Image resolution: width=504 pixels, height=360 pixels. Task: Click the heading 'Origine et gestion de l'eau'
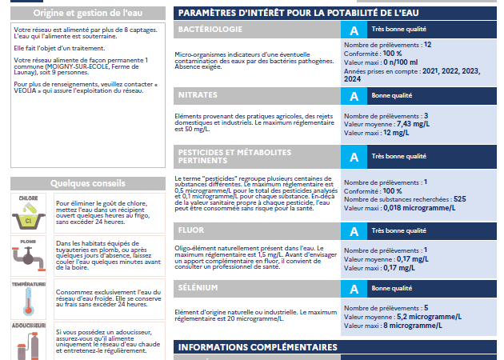(86, 13)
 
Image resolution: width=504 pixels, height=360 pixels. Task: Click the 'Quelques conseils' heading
(86, 182)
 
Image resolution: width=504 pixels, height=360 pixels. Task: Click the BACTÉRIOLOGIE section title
(210, 29)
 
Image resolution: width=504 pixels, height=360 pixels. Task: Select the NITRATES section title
(198, 94)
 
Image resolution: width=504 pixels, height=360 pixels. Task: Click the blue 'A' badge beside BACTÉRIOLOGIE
(354, 30)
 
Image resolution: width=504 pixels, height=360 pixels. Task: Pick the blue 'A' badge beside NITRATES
(354, 95)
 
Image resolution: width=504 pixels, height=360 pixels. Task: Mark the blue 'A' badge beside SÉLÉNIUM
(354, 289)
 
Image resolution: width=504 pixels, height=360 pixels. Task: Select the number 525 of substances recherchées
(459, 198)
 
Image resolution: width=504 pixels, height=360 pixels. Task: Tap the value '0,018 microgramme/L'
(419, 207)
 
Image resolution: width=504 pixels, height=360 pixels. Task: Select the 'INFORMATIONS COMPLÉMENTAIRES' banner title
(258, 347)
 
